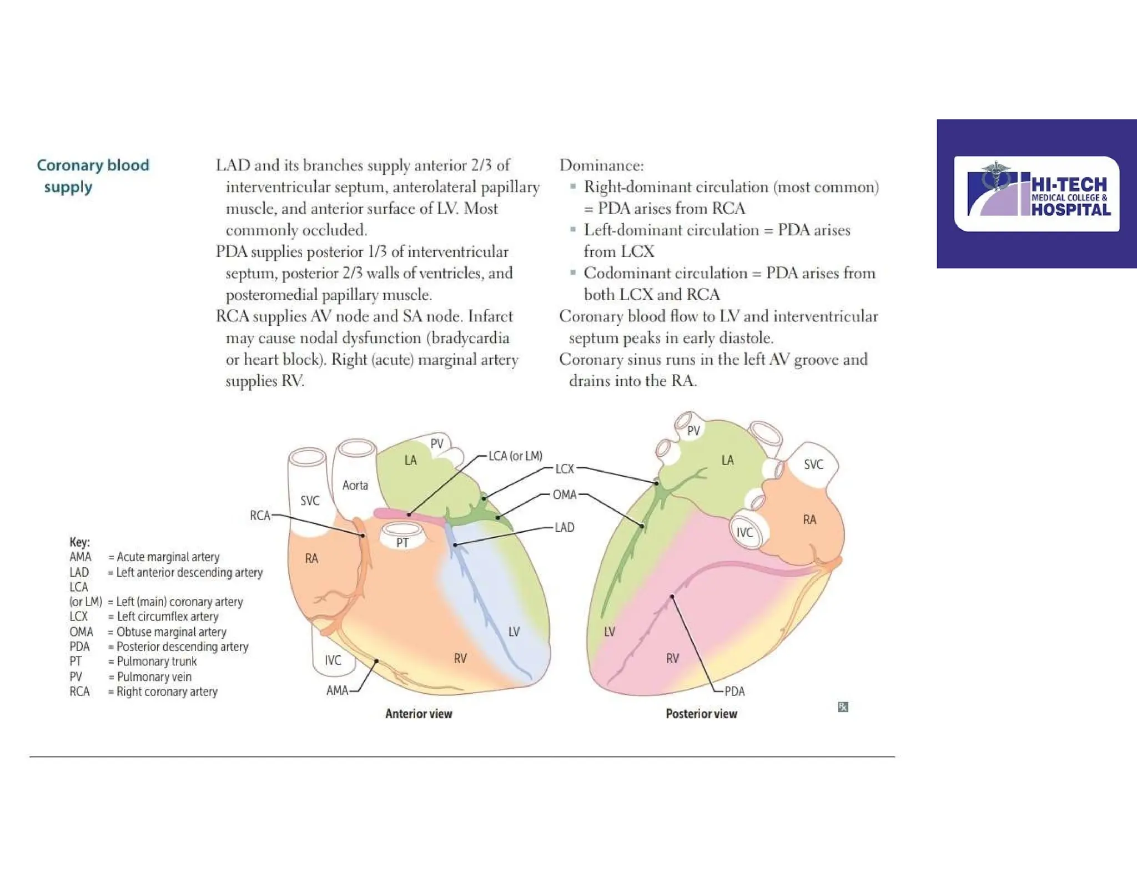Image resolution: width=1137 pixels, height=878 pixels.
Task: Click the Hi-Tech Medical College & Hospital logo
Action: [1037, 194]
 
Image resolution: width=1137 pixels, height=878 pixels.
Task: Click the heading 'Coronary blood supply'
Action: [93, 175]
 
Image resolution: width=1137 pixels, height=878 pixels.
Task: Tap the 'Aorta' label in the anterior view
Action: [355, 486]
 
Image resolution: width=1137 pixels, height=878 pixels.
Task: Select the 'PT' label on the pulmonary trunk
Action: [403, 543]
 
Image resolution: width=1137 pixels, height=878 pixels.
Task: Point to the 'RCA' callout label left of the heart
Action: [260, 516]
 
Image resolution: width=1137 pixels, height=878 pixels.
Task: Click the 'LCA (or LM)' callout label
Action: [515, 456]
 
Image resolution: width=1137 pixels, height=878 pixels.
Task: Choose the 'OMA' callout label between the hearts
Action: [565, 494]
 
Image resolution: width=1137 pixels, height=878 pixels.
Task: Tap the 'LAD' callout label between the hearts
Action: [564, 527]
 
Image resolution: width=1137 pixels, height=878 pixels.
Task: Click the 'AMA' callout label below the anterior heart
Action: [337, 690]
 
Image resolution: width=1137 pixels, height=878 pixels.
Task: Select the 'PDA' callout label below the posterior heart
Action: [734, 692]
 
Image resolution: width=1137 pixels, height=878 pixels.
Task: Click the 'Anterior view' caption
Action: [419, 714]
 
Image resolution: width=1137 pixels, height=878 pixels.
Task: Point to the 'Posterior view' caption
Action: [701, 714]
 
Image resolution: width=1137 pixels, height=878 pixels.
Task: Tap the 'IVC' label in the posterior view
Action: [744, 533]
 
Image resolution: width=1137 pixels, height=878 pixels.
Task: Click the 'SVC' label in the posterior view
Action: [813, 465]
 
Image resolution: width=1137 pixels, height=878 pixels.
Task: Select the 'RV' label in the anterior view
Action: [460, 659]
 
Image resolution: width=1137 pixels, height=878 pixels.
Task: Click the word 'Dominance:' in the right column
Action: [601, 165]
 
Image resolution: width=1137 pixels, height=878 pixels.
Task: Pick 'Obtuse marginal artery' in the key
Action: [171, 632]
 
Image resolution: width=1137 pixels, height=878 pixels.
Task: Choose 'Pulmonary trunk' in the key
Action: [157, 662]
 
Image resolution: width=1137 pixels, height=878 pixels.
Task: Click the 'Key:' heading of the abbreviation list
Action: [79, 542]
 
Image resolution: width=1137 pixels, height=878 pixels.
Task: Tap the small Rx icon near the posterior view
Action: [843, 707]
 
